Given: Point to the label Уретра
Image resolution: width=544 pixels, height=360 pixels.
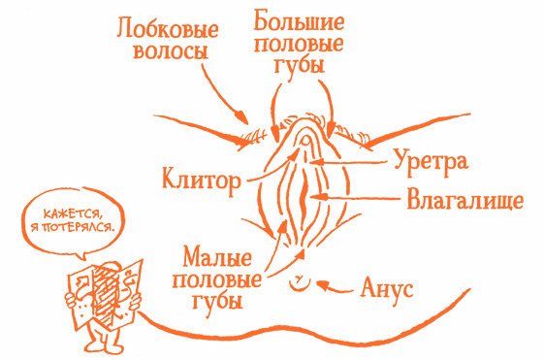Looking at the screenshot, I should click(431, 159).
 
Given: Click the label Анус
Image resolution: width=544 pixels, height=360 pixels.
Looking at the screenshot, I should click(387, 287).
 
